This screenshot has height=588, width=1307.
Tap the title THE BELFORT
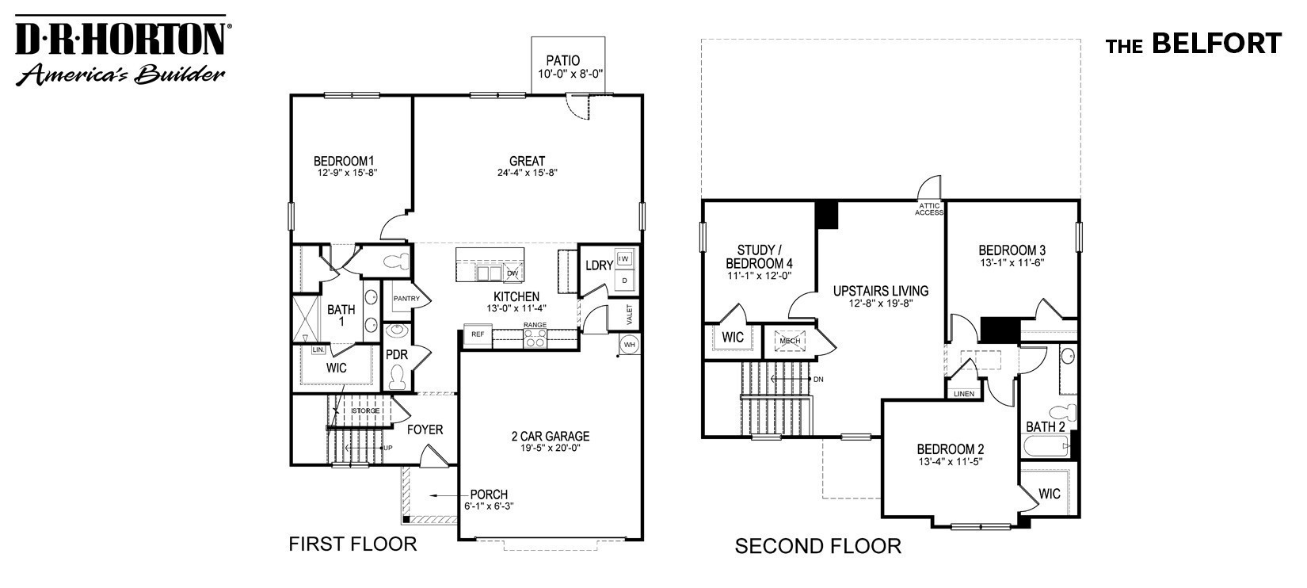(1193, 44)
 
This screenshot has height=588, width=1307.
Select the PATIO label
(562, 60)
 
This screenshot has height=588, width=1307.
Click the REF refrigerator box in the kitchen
(478, 334)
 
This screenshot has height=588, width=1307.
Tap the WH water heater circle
(629, 345)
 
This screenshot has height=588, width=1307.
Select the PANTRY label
(406, 299)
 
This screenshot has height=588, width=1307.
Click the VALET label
(630, 314)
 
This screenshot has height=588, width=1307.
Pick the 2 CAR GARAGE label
(550, 437)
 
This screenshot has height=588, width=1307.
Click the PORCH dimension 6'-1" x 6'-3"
(489, 506)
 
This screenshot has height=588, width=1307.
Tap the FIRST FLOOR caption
(352, 544)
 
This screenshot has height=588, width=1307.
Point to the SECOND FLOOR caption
(817, 546)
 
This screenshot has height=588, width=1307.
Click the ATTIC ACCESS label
(929, 209)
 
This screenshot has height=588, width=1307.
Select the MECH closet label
(790, 342)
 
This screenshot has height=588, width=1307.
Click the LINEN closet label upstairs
(964, 394)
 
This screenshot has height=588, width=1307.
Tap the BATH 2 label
(1045, 427)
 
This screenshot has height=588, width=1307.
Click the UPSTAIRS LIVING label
(880, 291)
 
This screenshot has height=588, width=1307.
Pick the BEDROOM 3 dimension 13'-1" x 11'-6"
(1011, 262)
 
